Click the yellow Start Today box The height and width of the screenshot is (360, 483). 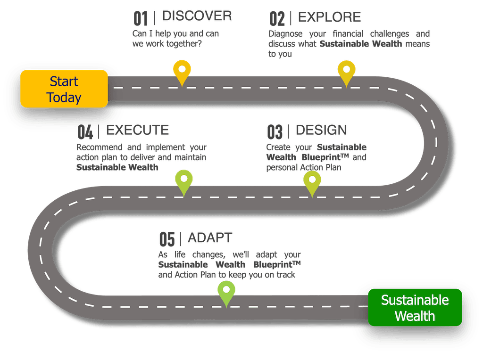(64, 89)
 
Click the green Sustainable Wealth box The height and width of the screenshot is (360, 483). (415, 307)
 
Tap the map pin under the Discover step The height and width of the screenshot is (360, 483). (182, 71)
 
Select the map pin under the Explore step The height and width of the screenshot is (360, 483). (346, 71)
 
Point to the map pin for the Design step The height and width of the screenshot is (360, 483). (312, 182)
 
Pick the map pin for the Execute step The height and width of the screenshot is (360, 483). (184, 182)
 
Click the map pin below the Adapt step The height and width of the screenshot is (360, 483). (226, 292)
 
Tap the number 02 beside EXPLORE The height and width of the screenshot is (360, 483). (277, 19)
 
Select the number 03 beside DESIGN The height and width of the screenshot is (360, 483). (275, 131)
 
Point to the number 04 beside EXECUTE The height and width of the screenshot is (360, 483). (85, 131)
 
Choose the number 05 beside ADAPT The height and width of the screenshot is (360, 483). (167, 239)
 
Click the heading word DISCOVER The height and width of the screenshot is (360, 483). (197, 16)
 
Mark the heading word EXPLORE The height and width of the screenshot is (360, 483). (329, 17)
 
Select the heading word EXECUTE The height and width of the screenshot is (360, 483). (137, 129)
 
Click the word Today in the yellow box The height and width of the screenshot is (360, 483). (64, 98)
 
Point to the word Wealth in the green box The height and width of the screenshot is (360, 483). (415, 316)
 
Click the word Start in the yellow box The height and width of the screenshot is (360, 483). (64, 82)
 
